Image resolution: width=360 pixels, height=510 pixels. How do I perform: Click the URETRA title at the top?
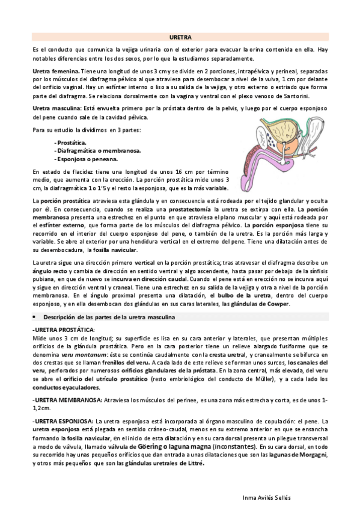tap(180, 37)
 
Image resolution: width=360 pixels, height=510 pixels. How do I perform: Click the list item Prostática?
tap(71, 142)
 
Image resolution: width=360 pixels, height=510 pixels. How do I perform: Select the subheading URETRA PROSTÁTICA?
tap(64, 330)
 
